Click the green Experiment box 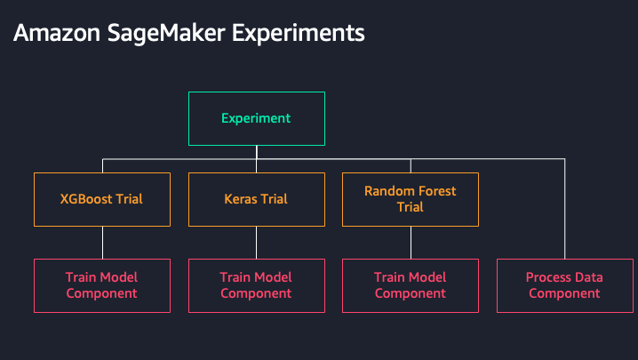click(257, 118)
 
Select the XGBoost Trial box click(102, 199)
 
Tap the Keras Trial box click(257, 199)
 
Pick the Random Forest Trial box click(411, 199)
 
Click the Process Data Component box click(565, 286)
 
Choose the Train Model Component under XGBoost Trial click(102, 286)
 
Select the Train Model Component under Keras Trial click(257, 286)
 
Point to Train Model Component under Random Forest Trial click(411, 286)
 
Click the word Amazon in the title click(57, 33)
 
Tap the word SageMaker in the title click(166, 34)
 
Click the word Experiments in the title click(299, 34)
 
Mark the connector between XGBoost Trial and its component click(102, 243)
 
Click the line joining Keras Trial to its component click(256, 243)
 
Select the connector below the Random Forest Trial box click(411, 243)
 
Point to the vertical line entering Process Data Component click(565, 209)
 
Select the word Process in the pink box click(546, 277)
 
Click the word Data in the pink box click(587, 277)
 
